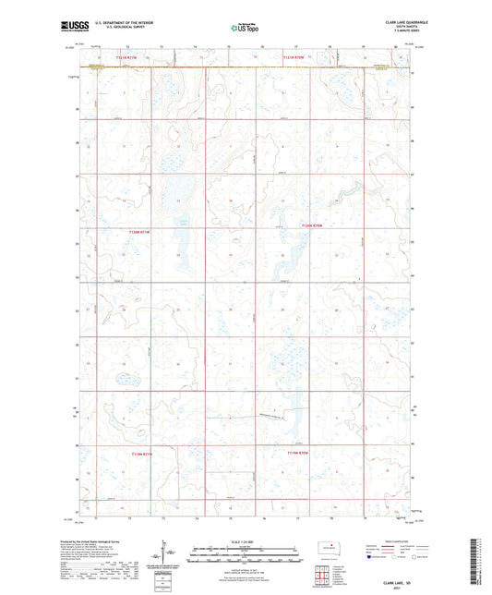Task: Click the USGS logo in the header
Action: point(73,29)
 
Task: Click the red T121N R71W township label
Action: point(126,57)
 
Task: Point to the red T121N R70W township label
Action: point(295,57)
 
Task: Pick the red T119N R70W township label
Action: point(297,454)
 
